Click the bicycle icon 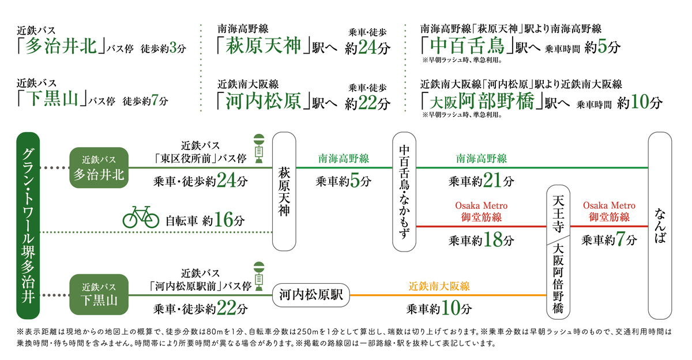tap(141, 217)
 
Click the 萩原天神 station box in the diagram tap(285, 191)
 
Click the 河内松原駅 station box tap(311, 295)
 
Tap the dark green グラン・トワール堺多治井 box tap(28, 226)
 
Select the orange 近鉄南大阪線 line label tap(440, 286)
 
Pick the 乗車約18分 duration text tap(481, 240)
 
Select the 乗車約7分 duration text tap(609, 240)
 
